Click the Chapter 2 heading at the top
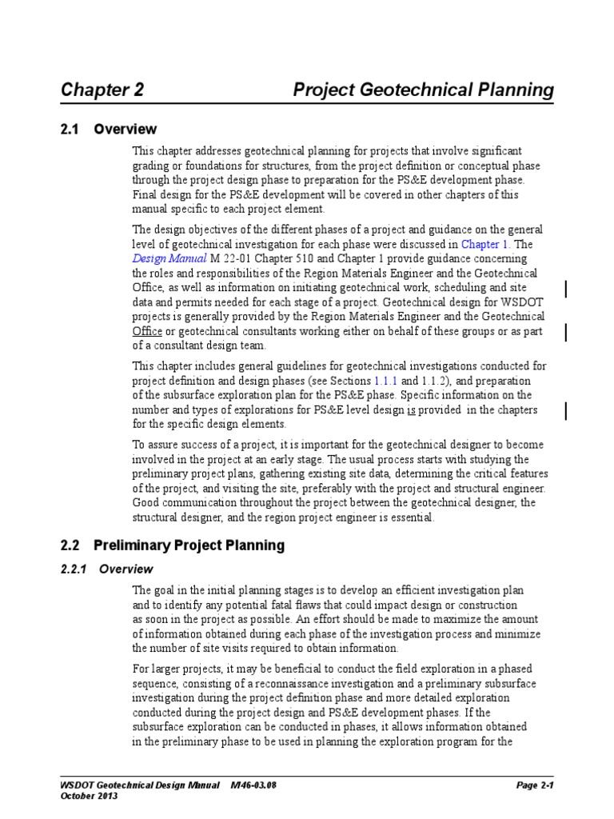point(102,90)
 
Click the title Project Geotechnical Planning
point(423,90)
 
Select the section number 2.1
point(70,130)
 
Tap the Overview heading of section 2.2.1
point(125,569)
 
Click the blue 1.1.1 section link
point(386,381)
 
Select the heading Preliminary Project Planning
point(189,545)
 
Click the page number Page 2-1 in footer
point(535,785)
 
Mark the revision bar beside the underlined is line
point(567,410)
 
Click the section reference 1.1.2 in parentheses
point(436,381)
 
